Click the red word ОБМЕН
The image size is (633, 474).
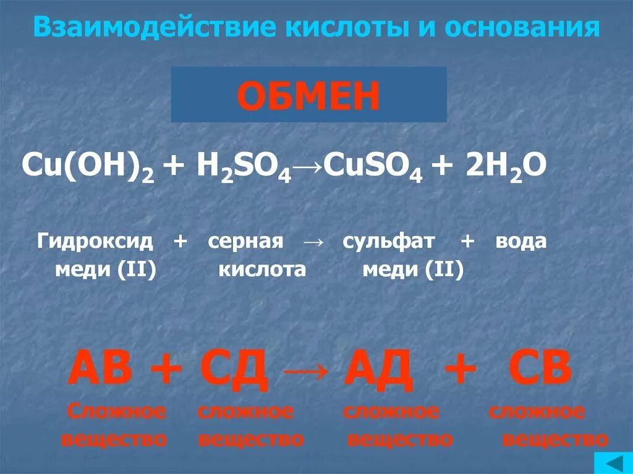coord(308,96)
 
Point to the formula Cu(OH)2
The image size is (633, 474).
coord(88,166)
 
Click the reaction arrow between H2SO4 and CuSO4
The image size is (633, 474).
coord(308,167)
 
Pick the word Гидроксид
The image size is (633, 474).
coord(95,242)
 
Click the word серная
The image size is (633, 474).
coord(245,242)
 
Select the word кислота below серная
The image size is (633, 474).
coord(262,269)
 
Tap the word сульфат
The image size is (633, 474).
coord(388,242)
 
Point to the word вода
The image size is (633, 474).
coord(520,242)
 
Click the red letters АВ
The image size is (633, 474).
coord(101,368)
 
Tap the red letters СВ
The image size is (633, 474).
coord(540,368)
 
